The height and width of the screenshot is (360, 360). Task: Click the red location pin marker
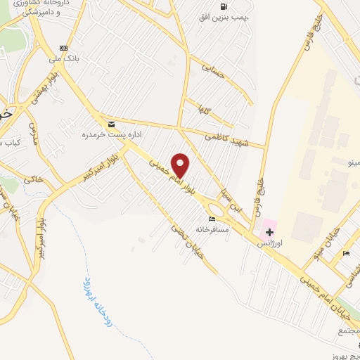(x=181, y=165)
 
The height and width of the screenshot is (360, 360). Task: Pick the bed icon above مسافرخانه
(x=212, y=219)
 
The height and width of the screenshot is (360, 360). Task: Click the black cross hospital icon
(x=270, y=231)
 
